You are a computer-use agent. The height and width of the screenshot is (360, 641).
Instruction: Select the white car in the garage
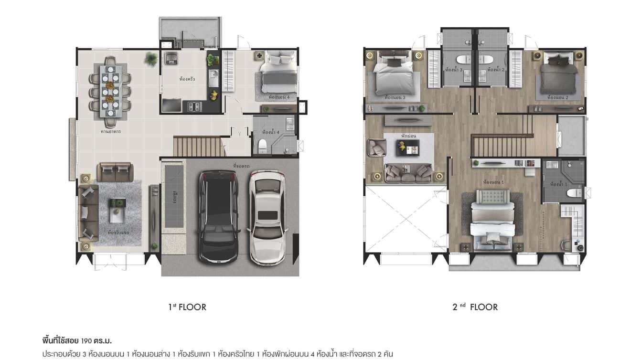[268, 217]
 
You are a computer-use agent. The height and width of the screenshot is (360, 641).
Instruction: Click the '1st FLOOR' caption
[187, 307]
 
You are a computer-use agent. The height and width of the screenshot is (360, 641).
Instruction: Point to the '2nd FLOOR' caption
[475, 307]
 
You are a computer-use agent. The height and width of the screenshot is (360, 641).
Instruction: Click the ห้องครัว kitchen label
[187, 78]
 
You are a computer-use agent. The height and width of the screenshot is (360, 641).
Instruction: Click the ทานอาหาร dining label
[110, 131]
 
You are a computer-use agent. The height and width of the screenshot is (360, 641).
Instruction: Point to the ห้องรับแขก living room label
[118, 233]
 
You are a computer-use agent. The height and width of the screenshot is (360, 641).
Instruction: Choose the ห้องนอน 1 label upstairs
[493, 182]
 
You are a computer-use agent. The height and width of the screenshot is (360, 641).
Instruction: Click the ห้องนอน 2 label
[557, 97]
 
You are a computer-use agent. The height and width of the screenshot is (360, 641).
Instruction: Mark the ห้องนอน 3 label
[395, 97]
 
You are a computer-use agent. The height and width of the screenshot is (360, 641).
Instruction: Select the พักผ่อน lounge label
[409, 136]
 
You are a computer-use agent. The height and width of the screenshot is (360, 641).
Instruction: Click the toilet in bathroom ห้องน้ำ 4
[262, 146]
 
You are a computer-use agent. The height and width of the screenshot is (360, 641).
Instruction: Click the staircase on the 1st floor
[199, 146]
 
